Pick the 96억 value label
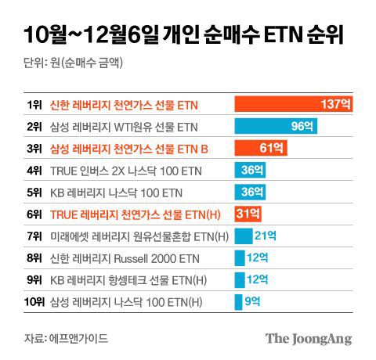point(302,126)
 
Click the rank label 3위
point(34,148)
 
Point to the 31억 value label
point(249,214)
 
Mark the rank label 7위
point(34,236)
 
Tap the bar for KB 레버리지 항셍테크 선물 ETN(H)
point(240,279)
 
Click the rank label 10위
point(33,301)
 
